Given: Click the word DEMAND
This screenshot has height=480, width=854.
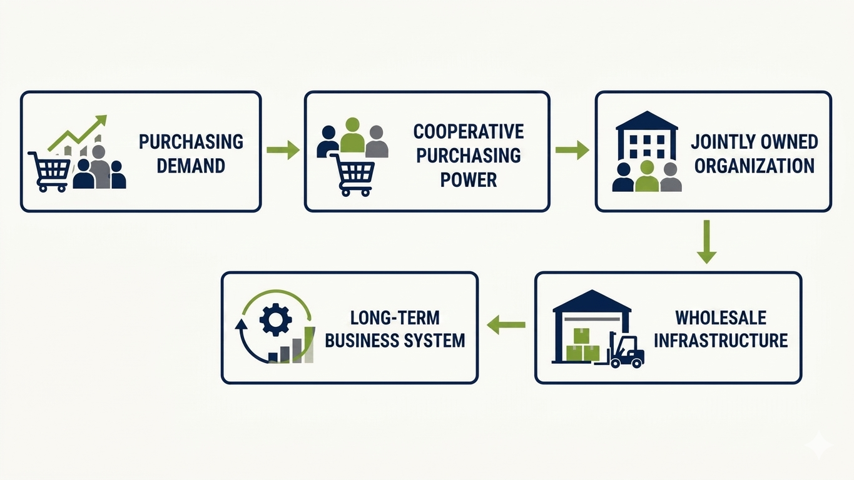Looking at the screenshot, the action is coord(191,166).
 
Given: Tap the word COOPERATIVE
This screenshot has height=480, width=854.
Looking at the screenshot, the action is coord(469,131).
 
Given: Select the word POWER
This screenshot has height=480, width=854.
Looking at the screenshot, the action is coord(469,179).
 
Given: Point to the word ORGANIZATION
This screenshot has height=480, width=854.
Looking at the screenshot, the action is coord(754,166).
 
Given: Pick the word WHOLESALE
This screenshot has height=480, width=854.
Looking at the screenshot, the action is coord(721,317).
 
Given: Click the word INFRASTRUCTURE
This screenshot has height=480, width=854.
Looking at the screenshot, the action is coord(721,340).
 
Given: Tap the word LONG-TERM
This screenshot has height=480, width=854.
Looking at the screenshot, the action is coord(395,317).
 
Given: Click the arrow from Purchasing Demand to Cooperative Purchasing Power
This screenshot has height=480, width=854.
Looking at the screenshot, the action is coord(283,150).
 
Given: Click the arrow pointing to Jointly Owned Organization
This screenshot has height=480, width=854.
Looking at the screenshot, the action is coord(572,150).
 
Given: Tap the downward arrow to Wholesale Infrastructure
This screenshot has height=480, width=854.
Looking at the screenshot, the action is coord(706,241).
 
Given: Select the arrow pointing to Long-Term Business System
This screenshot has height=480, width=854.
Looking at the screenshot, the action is coord(506,325).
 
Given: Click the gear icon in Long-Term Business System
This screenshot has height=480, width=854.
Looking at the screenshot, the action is coord(276,319).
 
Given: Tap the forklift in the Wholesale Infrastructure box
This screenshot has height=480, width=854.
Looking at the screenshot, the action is coord(622,350).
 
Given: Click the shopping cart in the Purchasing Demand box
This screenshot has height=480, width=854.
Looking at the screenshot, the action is coord(49,172).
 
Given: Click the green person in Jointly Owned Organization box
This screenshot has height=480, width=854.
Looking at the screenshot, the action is coord(647,176).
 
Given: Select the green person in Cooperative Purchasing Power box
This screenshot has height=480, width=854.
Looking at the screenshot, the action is coord(352,135).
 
